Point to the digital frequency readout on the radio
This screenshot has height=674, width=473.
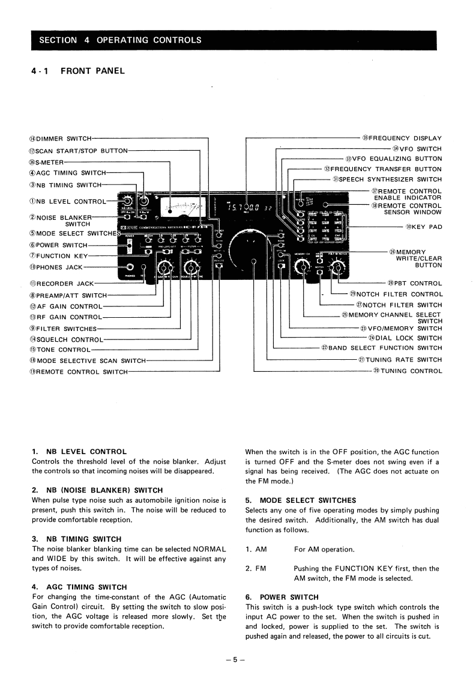pos(250,208)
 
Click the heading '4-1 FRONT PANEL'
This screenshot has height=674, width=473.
pos(78,71)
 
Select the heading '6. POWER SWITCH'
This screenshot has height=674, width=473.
pos(282,598)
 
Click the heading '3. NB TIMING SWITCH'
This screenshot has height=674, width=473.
pos(76,539)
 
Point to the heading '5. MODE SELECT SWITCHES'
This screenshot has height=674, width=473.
pos(301,500)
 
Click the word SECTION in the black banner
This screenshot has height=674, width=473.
pos(58,40)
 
